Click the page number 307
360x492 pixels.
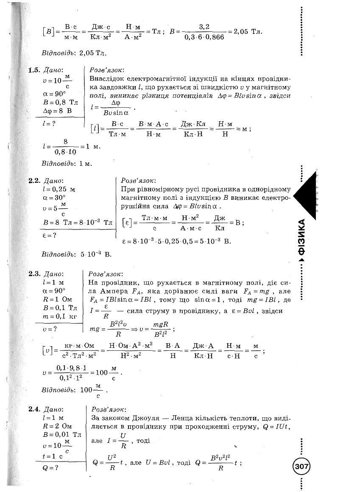[x=301, y=467]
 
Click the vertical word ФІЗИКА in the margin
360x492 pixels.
[x=301, y=238]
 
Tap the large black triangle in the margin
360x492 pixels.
[x=307, y=195]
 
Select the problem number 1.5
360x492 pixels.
[x=34, y=70]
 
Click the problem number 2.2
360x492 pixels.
[x=34, y=180]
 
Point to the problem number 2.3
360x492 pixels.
[x=34, y=274]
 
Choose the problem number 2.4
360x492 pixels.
[x=34, y=409]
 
